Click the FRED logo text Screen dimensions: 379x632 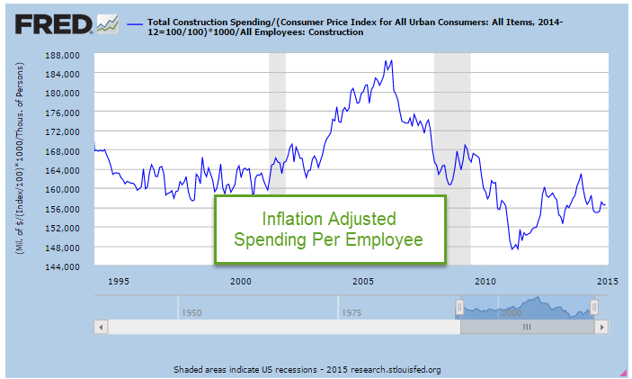[48, 23]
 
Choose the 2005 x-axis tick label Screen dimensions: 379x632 [362, 281]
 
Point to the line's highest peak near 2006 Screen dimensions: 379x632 [389, 60]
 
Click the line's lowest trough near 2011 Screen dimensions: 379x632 [512, 249]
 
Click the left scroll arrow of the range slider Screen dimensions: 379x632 [101, 327]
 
